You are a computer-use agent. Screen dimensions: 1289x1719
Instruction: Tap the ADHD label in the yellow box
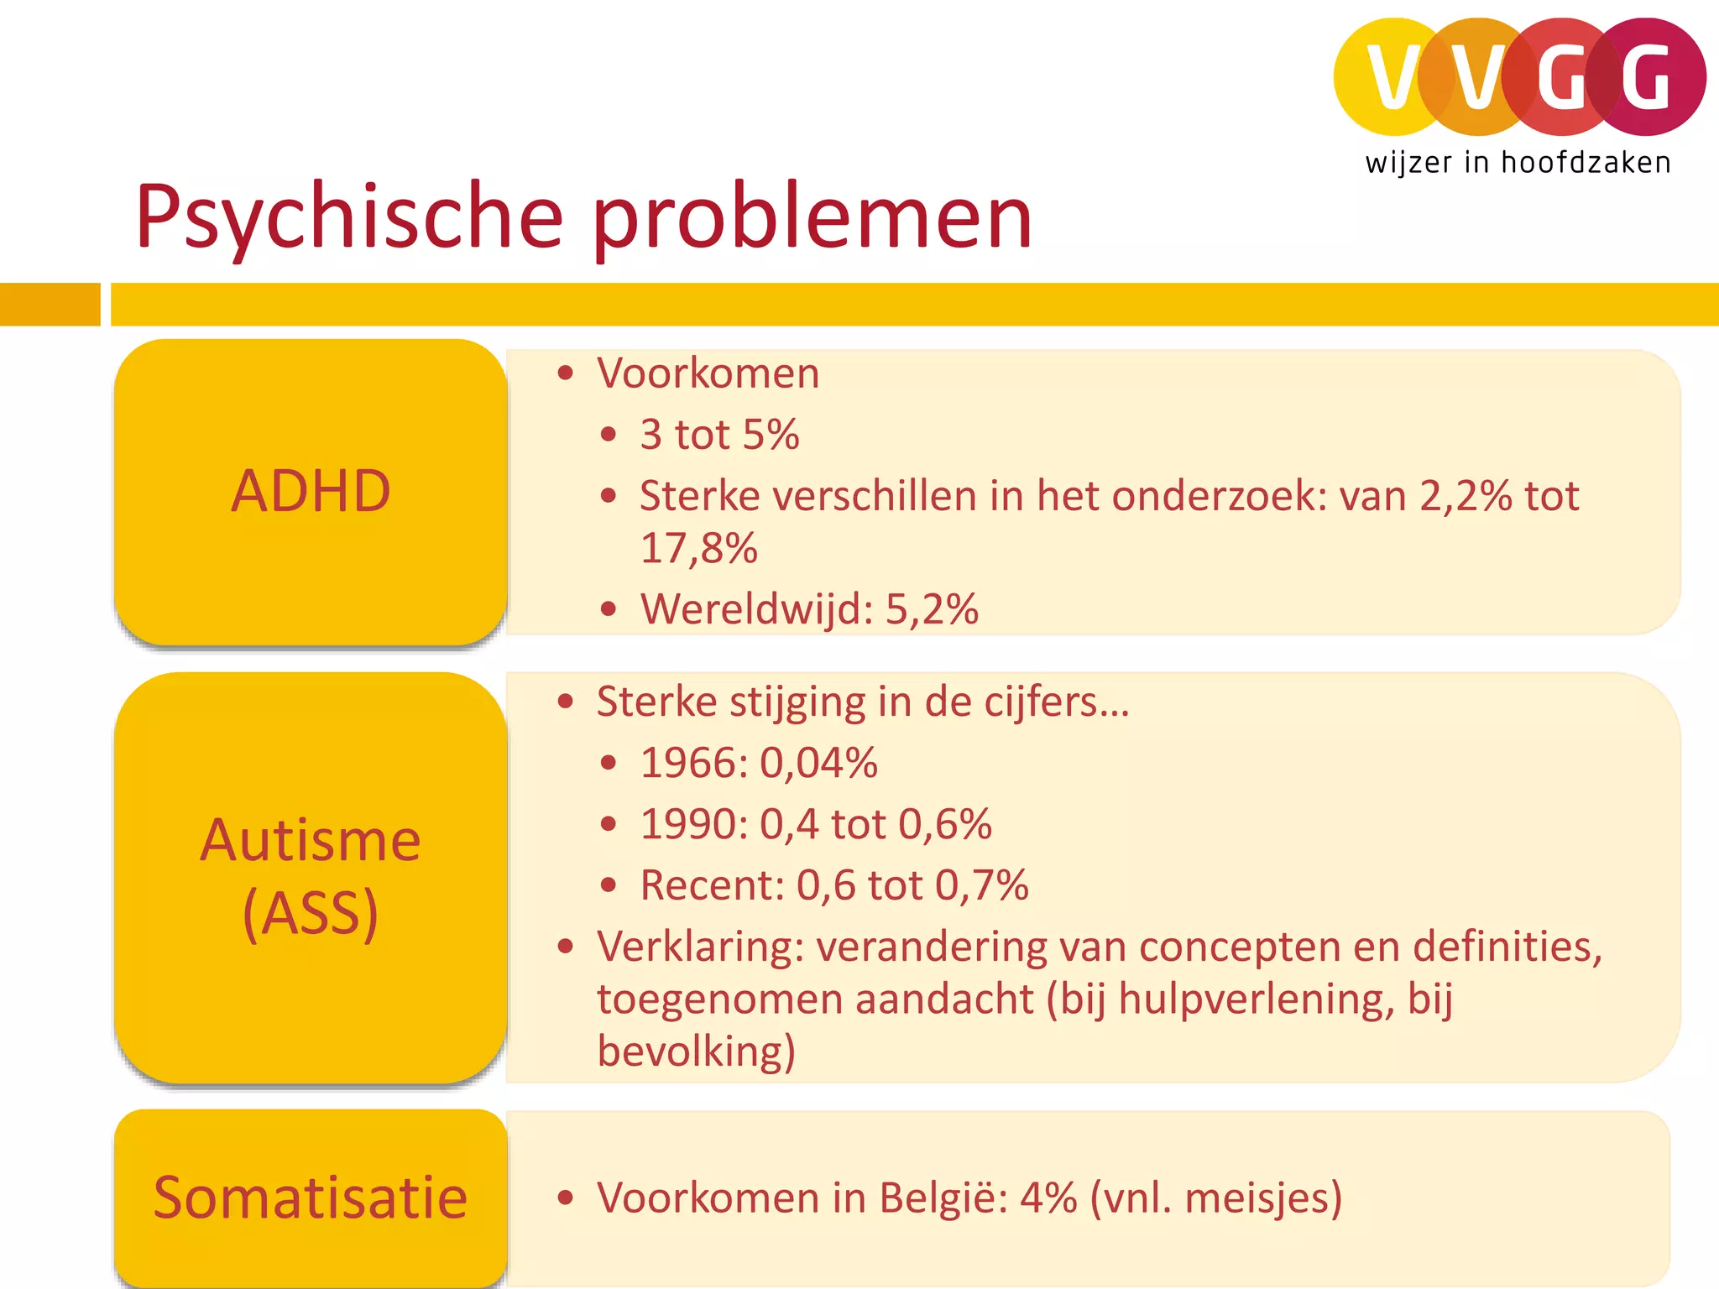pos(311,491)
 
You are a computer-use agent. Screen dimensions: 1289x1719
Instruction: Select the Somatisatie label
pos(311,1198)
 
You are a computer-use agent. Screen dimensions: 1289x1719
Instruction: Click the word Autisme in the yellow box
pos(311,840)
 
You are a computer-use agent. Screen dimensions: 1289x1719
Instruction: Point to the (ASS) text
pos(311,913)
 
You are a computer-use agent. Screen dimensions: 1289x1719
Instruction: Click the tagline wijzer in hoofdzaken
pos(1518,163)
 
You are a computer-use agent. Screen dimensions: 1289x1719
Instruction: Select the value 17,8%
pos(698,548)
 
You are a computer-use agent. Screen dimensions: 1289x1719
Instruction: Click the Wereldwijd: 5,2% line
pos(809,608)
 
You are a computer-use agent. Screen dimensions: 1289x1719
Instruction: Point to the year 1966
pos(692,763)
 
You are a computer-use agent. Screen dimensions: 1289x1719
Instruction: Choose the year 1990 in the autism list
pos(692,824)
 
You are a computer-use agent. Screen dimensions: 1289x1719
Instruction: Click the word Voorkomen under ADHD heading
pos(708,373)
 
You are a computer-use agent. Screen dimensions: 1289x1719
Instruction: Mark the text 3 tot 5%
pos(719,435)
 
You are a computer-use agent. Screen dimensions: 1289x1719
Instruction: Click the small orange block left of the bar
pos(50,304)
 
